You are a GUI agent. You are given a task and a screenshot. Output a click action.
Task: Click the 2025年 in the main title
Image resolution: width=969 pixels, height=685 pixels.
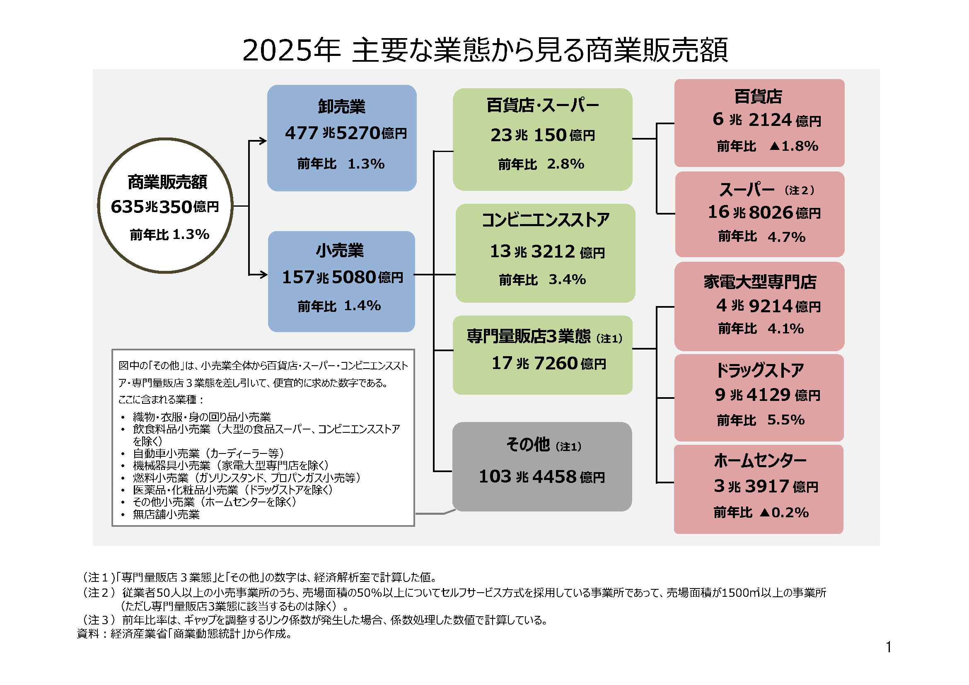pos(291,50)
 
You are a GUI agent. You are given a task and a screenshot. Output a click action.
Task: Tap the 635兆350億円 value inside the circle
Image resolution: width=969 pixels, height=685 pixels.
pos(164,207)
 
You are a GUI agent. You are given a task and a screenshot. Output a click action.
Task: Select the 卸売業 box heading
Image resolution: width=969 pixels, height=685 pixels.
pos(341,106)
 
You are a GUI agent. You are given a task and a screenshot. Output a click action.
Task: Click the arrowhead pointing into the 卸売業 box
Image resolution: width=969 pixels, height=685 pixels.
pos(263,141)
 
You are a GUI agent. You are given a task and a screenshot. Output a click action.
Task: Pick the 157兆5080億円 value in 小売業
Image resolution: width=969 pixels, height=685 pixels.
pos(342,277)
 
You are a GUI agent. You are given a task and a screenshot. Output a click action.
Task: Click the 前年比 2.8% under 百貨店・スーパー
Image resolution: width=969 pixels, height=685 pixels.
pos(541,164)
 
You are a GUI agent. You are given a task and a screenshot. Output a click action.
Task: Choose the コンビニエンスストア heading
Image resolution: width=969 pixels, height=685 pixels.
pos(545,220)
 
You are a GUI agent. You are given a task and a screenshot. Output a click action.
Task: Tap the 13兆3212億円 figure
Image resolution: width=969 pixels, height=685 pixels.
pos(546,251)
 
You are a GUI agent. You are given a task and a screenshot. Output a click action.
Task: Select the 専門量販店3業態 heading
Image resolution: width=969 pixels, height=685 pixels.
pos(529,336)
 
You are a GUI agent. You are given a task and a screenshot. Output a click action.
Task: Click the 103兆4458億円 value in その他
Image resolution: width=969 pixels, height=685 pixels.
pos(541,477)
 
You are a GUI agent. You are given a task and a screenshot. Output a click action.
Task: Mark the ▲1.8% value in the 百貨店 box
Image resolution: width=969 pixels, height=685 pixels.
pos(793,146)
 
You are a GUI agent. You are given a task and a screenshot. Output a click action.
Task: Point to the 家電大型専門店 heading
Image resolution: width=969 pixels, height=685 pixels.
pos(760,282)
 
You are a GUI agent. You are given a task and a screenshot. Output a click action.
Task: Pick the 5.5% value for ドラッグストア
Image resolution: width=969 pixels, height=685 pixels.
pos(785,420)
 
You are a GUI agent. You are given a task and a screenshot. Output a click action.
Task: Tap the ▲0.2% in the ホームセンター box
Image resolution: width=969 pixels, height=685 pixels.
pos(784,512)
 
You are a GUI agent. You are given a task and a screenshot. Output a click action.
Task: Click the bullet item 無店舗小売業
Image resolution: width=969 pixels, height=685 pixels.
pos(166,514)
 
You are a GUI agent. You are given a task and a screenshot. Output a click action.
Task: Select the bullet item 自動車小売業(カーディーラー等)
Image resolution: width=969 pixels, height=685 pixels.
pos(208,453)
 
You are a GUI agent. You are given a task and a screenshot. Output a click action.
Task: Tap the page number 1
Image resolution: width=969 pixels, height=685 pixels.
pos(888,646)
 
